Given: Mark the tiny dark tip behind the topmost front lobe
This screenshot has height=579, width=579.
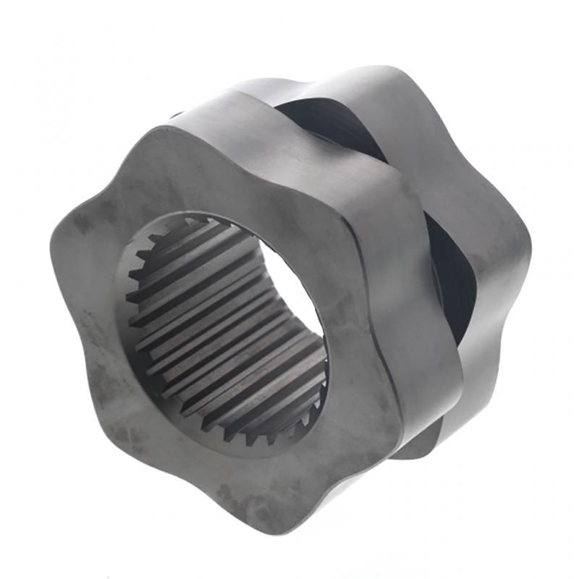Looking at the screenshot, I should (x=176, y=114).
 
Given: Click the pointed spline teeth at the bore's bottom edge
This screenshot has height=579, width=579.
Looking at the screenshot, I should (x=246, y=431).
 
